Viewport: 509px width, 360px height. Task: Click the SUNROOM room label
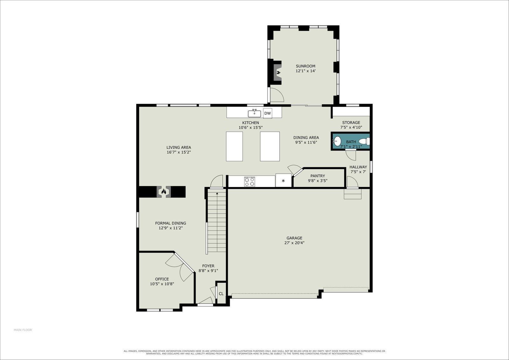click(x=305, y=66)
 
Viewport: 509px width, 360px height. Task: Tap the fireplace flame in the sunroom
click(x=278, y=73)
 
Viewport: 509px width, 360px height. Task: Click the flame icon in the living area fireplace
click(x=164, y=192)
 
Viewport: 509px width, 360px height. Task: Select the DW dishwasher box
click(x=268, y=113)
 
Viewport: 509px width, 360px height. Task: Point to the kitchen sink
click(x=254, y=113)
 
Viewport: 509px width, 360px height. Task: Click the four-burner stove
click(x=249, y=182)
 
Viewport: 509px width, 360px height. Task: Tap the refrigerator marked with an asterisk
click(x=283, y=180)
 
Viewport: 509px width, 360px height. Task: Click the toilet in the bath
click(x=364, y=142)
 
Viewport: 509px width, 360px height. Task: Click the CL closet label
click(x=221, y=294)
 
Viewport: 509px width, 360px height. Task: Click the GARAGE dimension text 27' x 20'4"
click(x=294, y=243)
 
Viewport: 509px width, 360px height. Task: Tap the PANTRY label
click(x=318, y=176)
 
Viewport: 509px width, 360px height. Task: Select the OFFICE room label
click(x=162, y=279)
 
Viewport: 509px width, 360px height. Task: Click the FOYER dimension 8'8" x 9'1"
click(x=208, y=271)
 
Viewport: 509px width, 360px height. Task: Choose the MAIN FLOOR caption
click(x=23, y=330)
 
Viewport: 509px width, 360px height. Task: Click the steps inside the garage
click(x=352, y=194)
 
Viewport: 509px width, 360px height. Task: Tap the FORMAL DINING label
click(x=171, y=223)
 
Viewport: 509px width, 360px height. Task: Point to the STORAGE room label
click(x=351, y=122)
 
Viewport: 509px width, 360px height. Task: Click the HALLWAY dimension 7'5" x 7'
click(x=358, y=172)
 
